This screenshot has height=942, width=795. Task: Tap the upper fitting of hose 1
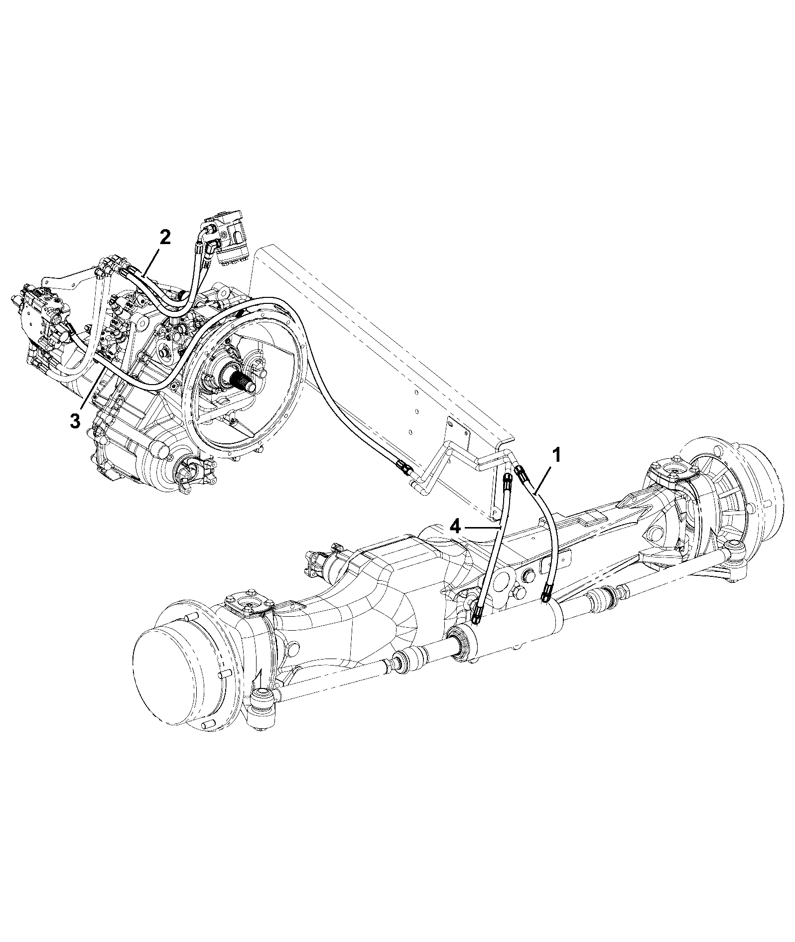522,473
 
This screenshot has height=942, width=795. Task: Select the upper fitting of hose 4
507,481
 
